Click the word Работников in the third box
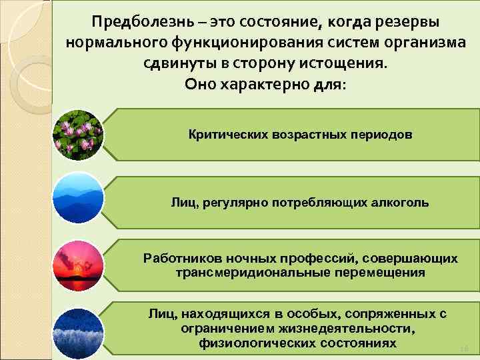[179, 259]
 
